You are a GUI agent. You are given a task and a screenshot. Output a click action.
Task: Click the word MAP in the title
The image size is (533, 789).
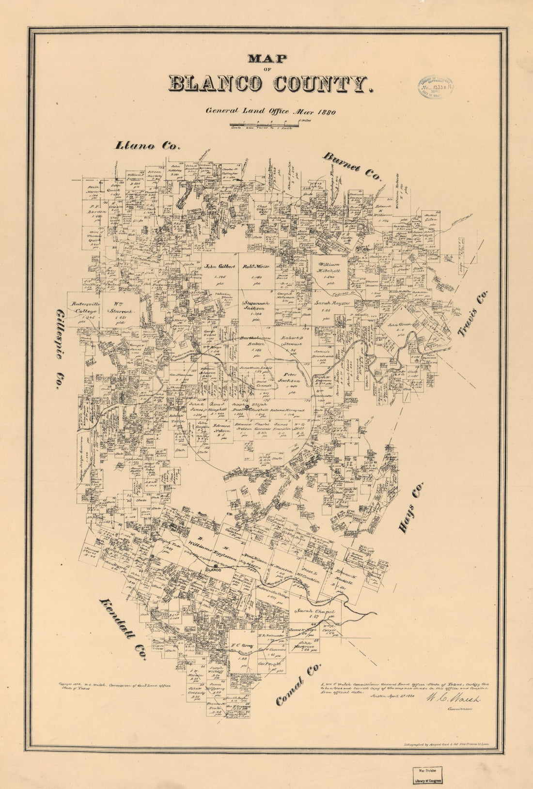click(x=267, y=59)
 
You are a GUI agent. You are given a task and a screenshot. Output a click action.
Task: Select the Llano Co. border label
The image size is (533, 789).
click(x=147, y=145)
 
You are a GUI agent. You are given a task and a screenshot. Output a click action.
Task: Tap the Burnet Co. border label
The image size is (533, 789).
click(x=351, y=166)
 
